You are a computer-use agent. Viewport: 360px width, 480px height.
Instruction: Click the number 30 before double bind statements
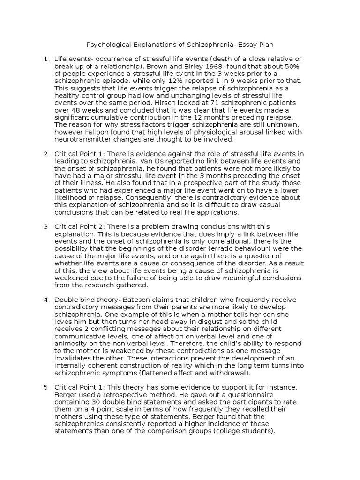point(89,401)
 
